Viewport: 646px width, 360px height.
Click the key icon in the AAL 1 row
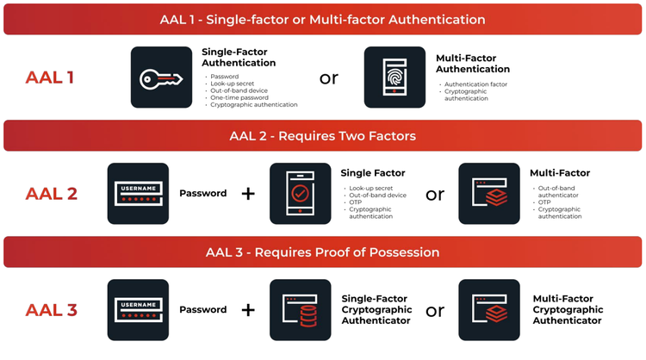161,78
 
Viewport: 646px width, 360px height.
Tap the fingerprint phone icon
394,78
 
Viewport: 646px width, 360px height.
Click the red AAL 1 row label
50,78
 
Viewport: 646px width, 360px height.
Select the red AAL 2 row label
51,194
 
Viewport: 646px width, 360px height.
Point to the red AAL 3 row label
51,310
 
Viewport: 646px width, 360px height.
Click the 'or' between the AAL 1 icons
329,78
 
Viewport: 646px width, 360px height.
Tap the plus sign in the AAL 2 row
248,194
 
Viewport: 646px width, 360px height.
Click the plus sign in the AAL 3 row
248,310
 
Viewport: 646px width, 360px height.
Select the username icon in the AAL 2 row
138,194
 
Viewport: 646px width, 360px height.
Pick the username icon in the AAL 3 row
138,310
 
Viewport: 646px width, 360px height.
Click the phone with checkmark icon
301,194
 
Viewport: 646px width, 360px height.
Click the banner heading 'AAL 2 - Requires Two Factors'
322,135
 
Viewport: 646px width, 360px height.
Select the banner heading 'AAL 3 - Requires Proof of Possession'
322,252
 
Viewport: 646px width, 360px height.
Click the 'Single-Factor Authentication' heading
239,57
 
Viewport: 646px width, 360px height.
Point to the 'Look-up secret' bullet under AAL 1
229,84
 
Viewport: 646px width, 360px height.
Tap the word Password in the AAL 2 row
202,194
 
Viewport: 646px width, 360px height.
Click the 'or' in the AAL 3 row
435,310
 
